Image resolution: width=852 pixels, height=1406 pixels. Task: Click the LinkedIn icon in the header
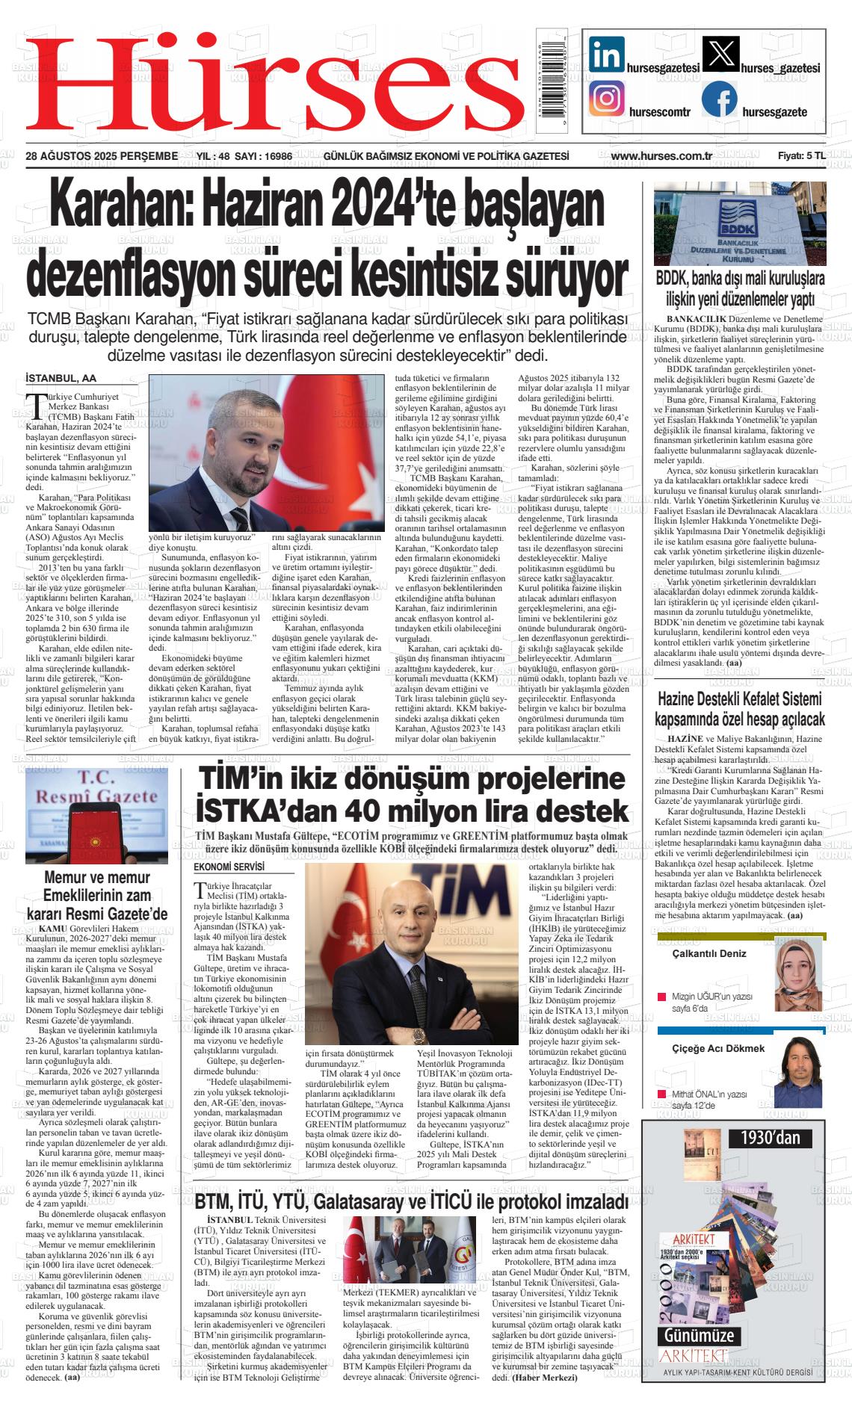607,54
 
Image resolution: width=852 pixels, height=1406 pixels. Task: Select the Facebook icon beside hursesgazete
720,99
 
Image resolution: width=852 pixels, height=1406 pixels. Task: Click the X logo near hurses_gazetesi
721,55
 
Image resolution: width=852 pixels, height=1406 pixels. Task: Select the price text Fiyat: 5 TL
801,156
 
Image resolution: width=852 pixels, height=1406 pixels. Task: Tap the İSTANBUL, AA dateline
61,379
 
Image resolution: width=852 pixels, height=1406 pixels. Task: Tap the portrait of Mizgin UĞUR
798,973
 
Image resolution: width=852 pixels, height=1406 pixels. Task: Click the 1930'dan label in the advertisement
771,1139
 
